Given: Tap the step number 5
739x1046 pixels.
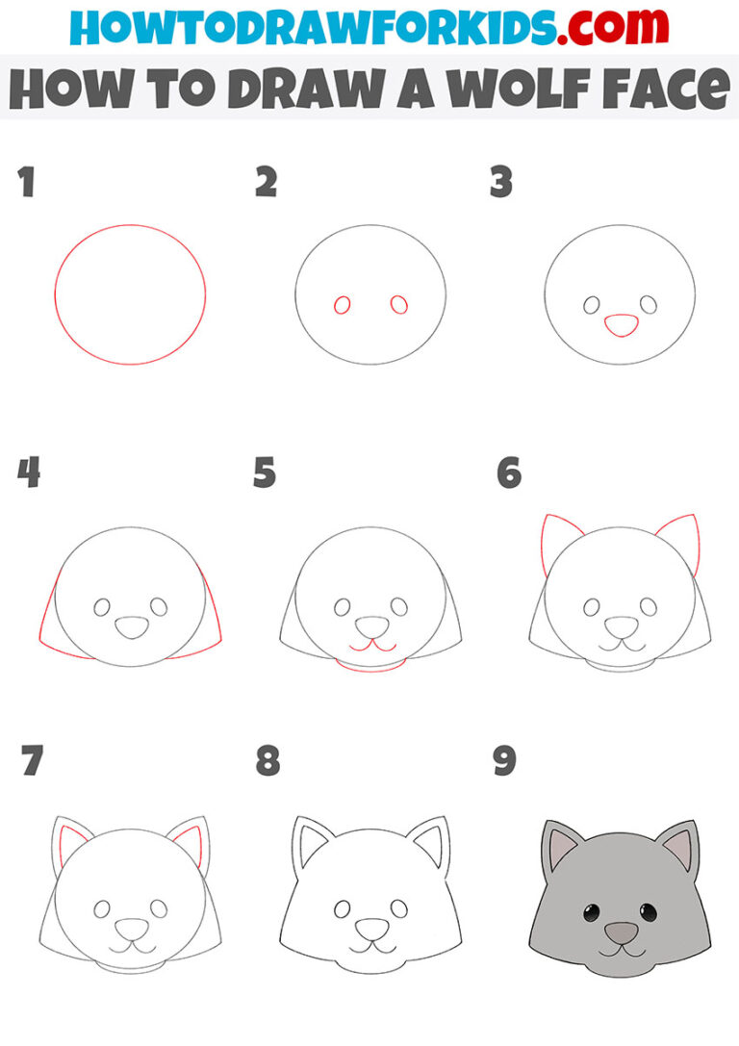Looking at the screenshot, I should [x=265, y=473].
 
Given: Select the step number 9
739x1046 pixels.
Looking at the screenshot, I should [x=503, y=762].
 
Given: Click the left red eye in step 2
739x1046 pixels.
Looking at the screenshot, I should [x=342, y=306].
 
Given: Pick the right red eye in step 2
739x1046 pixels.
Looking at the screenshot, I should [x=398, y=305].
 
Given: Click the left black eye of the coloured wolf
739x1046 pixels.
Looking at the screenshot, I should [x=586, y=911].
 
